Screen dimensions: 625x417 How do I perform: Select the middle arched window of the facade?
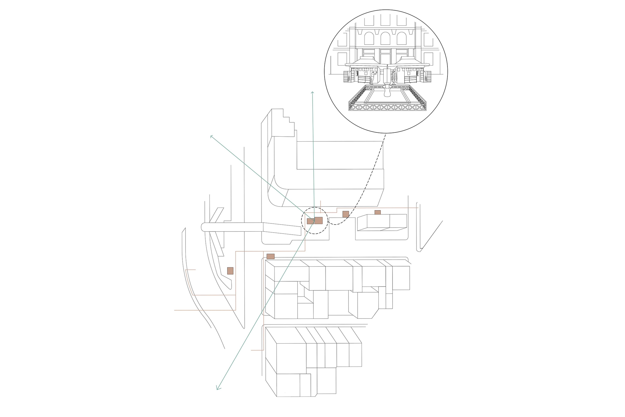(385, 38)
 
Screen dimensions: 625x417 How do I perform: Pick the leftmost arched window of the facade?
(369, 38)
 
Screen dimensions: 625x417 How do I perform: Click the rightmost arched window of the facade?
(402, 38)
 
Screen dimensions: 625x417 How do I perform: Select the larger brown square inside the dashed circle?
(318, 220)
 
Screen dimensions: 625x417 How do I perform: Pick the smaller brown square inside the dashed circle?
(310, 221)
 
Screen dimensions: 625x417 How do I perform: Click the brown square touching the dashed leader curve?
(345, 214)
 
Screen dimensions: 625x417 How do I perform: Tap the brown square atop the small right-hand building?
(377, 212)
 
